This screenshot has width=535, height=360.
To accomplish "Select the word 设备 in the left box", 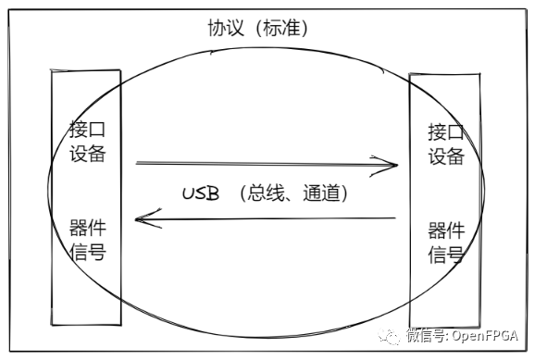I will (x=86, y=153).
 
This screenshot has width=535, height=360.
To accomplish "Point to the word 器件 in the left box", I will (x=86, y=226).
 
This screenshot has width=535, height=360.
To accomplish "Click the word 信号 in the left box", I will (x=86, y=251).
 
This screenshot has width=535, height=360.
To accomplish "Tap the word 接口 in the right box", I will (x=445, y=131).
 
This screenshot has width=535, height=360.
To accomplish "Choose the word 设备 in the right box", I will (x=445, y=156).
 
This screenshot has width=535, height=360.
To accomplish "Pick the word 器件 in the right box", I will (x=445, y=230).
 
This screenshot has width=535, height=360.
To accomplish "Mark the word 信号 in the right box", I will (x=445, y=254).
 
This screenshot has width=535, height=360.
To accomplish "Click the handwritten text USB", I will (x=201, y=194).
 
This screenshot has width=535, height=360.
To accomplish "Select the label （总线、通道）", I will (x=292, y=194).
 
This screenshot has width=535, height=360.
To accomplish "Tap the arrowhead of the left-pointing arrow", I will (x=141, y=219).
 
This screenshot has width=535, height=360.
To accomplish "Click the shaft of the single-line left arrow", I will (x=268, y=219).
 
